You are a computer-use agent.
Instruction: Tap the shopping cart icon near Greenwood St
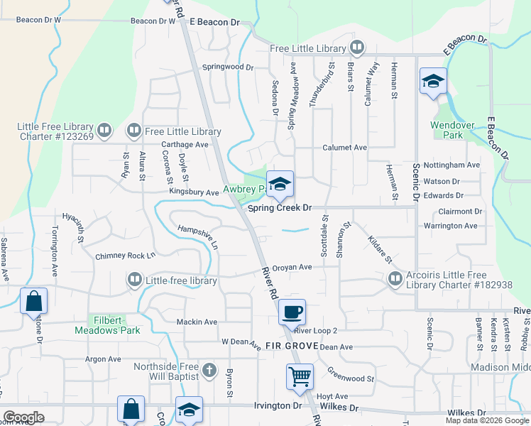click(300, 376)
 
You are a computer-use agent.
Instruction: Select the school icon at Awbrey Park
click(280, 184)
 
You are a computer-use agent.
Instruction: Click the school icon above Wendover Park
click(432, 80)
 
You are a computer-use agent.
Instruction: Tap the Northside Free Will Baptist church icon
click(209, 370)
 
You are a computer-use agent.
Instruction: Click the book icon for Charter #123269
click(104, 131)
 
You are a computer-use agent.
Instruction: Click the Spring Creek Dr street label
click(280, 208)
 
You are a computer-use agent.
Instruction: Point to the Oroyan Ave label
click(292, 267)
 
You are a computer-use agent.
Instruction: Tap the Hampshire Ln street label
click(198, 236)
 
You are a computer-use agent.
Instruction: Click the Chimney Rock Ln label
click(125, 256)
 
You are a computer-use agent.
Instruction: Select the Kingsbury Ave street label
click(193, 192)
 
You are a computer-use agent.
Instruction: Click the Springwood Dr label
click(227, 67)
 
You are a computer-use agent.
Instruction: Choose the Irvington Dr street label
click(277, 406)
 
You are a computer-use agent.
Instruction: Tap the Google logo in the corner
click(23, 417)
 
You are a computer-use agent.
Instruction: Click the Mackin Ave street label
click(197, 322)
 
